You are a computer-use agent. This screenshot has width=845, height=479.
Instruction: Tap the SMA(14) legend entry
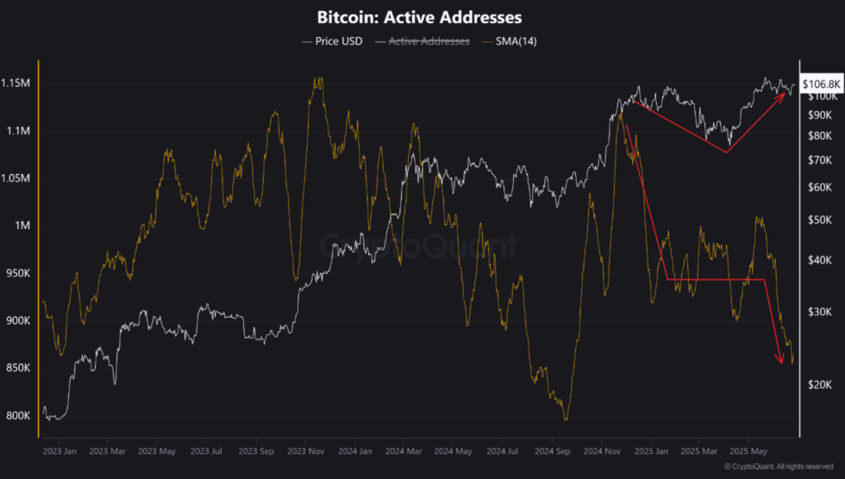point(513,40)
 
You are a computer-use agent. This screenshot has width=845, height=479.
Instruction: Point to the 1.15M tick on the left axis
point(17,84)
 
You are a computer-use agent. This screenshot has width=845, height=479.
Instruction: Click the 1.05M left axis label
point(17,178)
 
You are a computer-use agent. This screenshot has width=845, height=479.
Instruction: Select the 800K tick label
point(17,415)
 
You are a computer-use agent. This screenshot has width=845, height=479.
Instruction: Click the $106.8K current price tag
point(820,84)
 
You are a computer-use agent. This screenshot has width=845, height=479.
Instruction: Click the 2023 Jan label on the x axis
point(58,450)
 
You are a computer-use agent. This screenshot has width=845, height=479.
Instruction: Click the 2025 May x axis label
point(748,450)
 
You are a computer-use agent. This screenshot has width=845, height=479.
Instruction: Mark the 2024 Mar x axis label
point(404,450)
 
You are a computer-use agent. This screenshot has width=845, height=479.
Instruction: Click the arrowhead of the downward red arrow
point(781,361)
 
